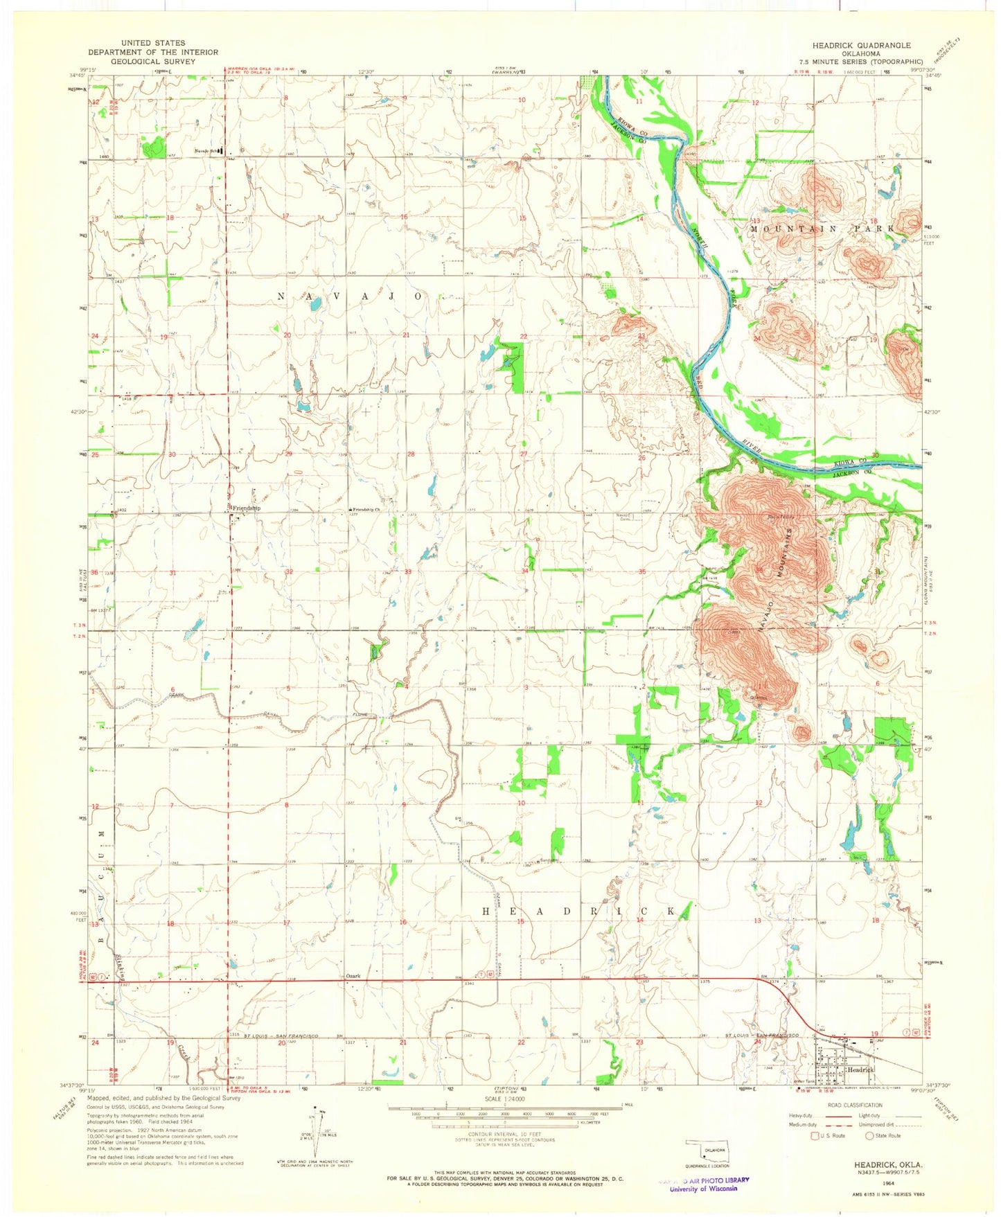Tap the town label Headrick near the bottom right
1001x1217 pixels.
tap(862, 1070)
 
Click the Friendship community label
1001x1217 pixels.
tap(247, 508)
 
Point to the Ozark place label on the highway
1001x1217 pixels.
tap(353, 976)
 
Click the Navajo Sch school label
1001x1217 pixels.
tap(209, 150)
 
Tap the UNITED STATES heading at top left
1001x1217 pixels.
tap(152, 43)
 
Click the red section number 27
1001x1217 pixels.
tap(524, 454)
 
